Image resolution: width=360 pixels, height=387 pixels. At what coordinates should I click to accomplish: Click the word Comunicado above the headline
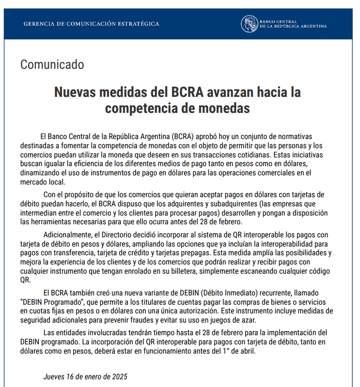click(52, 64)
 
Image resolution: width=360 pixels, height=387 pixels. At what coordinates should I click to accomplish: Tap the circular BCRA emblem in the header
click(250, 24)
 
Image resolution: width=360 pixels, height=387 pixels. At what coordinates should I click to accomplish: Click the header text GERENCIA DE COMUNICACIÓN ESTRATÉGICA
click(91, 24)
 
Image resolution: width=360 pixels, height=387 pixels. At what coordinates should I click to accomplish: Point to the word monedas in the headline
click(228, 108)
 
